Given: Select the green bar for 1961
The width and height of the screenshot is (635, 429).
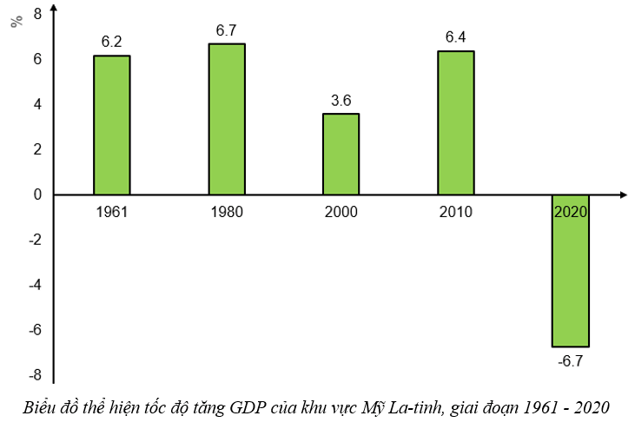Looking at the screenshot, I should click(x=111, y=125).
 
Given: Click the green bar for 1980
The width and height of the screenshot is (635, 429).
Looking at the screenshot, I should click(x=226, y=119).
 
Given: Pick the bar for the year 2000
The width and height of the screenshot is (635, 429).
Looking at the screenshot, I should click(x=341, y=154).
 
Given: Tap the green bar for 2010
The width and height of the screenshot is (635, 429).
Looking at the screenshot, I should click(x=455, y=122).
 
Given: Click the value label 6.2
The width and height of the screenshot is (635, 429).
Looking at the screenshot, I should click(x=111, y=41).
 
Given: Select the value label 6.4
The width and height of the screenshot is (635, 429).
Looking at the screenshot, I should click(x=455, y=36).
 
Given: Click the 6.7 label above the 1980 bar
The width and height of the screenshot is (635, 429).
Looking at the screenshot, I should click(x=226, y=30).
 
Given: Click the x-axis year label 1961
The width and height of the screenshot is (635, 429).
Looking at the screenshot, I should click(x=111, y=212).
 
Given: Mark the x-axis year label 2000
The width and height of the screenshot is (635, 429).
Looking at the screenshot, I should click(x=341, y=212).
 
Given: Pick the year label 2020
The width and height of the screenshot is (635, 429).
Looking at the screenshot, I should click(x=571, y=212).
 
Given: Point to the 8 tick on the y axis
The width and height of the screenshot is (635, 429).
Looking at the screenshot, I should click(x=36, y=14).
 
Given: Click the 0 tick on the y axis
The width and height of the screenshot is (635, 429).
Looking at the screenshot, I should click(x=36, y=195).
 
